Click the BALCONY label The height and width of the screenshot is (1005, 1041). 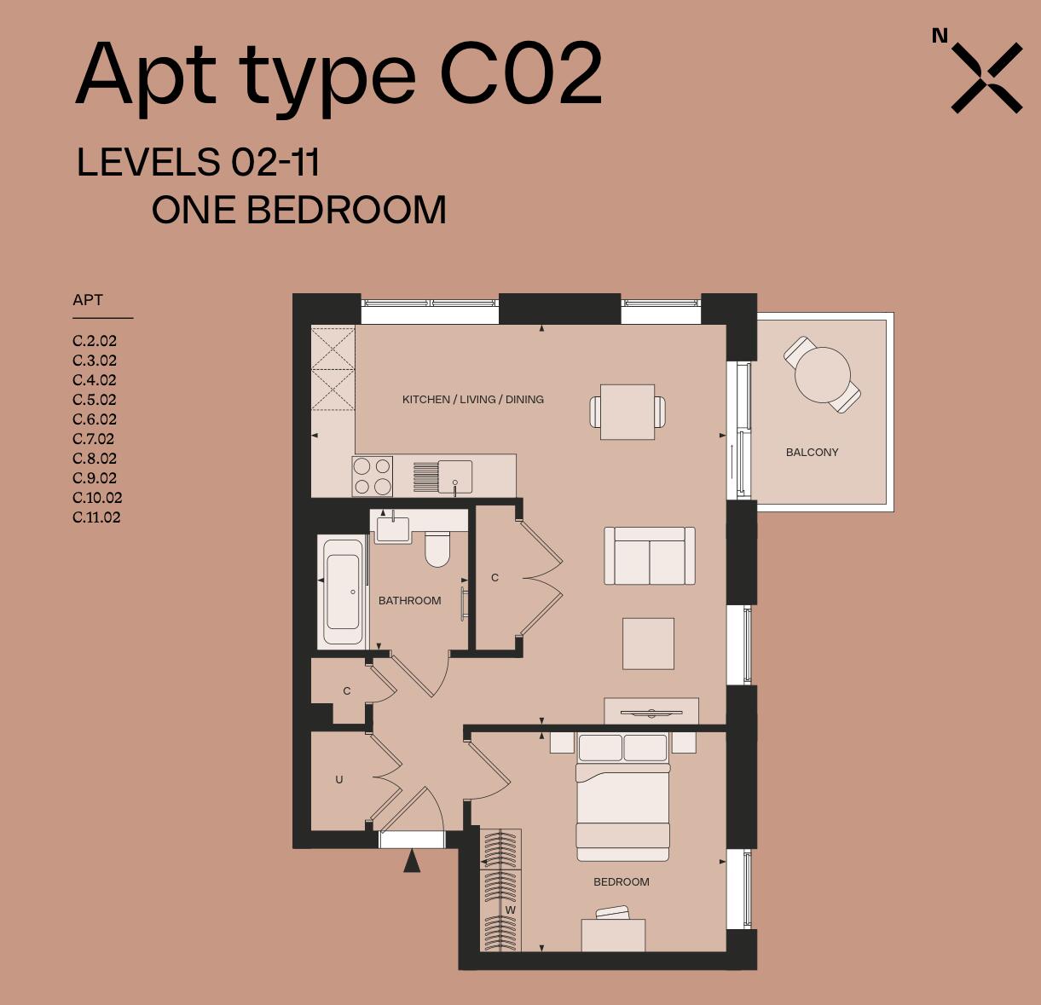[x=812, y=453]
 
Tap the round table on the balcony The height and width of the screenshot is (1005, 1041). [x=822, y=375]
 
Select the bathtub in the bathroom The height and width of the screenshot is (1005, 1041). [x=343, y=592]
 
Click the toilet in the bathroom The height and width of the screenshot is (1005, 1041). [x=437, y=550]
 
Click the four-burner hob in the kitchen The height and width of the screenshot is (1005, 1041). [x=372, y=477]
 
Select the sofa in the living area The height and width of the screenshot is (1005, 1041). [x=650, y=556]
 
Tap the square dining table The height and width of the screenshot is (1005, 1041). [x=627, y=412]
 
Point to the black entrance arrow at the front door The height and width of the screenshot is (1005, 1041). [x=412, y=861]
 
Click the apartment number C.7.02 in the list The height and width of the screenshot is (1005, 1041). [x=94, y=439]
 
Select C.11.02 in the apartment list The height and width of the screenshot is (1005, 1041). [x=96, y=517]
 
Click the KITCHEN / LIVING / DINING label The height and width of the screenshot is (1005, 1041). [x=472, y=399]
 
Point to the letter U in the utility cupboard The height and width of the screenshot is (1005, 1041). [x=339, y=779]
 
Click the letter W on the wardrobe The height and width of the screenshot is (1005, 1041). [x=510, y=910]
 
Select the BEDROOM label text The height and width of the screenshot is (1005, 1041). [x=622, y=882]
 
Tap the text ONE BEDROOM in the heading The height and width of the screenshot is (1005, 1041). [x=298, y=211]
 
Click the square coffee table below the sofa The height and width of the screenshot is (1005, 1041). [x=648, y=644]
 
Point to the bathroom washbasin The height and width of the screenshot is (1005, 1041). [x=393, y=529]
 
